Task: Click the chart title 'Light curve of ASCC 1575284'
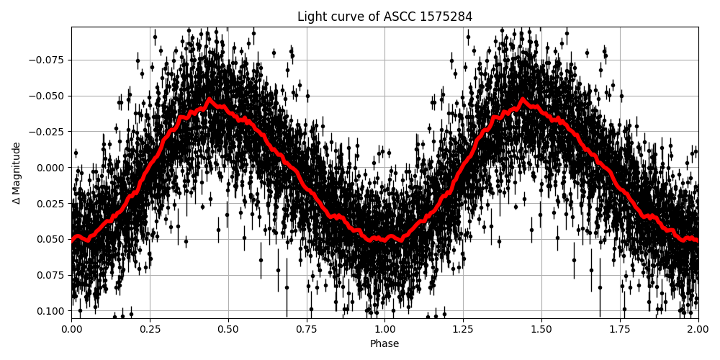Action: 384,17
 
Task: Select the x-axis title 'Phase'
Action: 384,344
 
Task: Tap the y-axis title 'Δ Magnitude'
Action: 17,173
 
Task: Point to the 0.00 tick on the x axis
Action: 71,330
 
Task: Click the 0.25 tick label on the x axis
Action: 150,330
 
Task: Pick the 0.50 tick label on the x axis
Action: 228,330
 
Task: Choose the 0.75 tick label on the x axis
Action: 307,330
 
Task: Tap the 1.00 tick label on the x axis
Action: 384,330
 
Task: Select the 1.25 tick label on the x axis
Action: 463,330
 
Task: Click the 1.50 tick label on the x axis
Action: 541,330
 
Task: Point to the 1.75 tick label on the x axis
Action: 620,330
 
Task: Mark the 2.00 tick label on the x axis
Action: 698,330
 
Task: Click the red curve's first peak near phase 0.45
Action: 210,99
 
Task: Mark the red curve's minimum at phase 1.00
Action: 384,240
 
